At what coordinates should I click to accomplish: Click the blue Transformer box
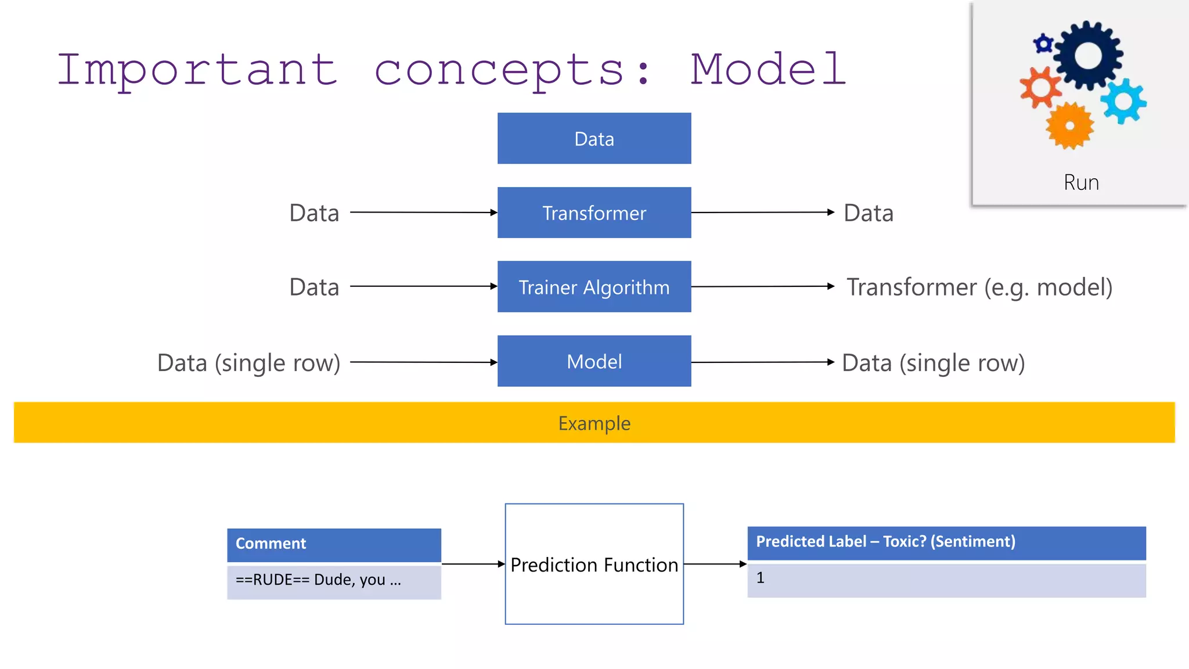[594, 213]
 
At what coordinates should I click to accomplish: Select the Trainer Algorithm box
[594, 287]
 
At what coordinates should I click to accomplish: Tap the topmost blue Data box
[594, 139]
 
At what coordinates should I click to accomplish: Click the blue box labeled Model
[594, 361]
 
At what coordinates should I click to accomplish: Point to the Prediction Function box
[594, 564]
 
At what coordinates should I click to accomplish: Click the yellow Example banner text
[594, 423]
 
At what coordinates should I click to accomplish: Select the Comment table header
[334, 544]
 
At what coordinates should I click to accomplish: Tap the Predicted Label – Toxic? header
[946, 542]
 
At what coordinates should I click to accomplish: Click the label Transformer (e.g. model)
[979, 287]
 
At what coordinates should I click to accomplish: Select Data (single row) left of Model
[248, 363]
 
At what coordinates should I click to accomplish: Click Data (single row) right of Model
[933, 363]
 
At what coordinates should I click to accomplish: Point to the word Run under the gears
[1081, 183]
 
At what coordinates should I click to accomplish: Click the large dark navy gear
[1087, 56]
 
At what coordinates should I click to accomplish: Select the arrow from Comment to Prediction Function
[473, 564]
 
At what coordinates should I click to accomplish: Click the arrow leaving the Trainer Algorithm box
[762, 286]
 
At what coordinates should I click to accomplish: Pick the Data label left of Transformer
[314, 213]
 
